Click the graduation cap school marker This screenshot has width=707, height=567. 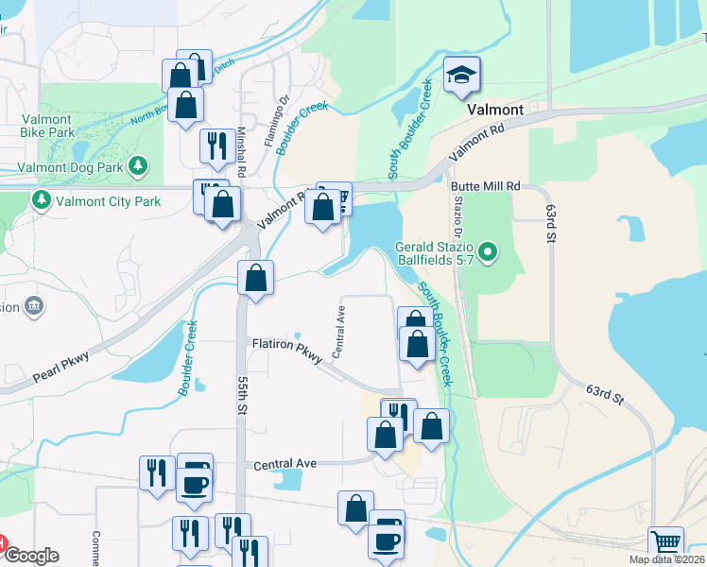462,76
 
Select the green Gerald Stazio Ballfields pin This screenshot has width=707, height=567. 488,251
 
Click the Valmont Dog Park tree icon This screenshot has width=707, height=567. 139,167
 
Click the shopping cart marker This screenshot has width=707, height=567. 666,543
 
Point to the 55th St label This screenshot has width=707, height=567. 242,395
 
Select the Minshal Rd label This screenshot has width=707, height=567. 242,152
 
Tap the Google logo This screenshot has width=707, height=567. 30,557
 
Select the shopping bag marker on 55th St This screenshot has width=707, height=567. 255,279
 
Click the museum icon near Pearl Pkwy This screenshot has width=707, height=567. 34,305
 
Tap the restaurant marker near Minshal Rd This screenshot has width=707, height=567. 216,146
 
